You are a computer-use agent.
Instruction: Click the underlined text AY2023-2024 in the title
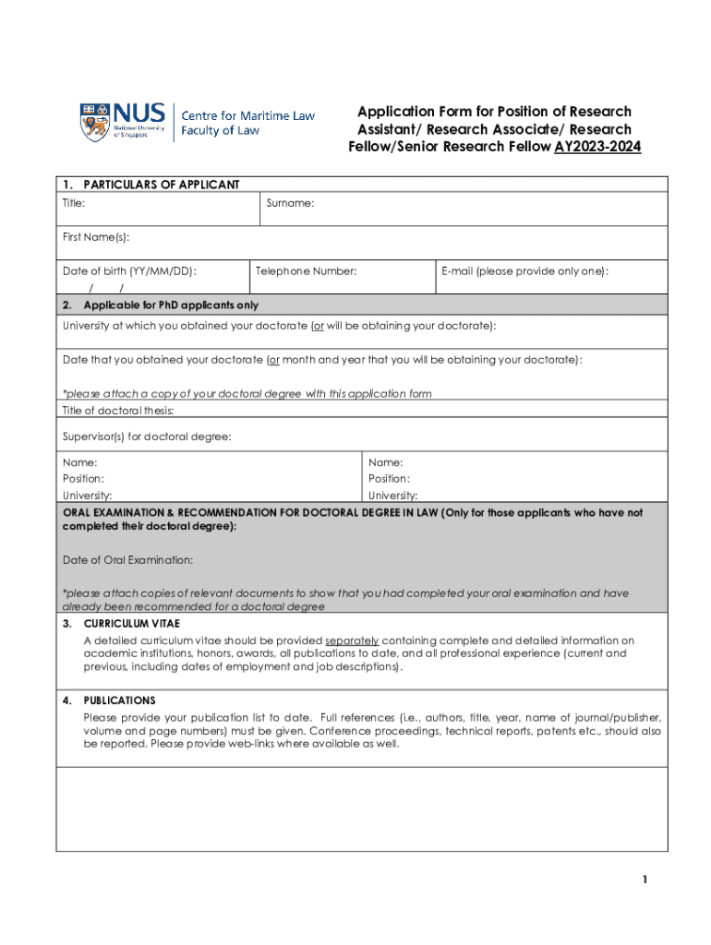pyautogui.click(x=597, y=147)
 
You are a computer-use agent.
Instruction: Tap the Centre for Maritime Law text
pyautogui.click(x=247, y=116)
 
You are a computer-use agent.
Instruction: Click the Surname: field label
pyautogui.click(x=290, y=202)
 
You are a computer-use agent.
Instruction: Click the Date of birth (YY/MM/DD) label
pyautogui.click(x=129, y=271)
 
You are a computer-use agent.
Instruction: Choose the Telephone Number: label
pyautogui.click(x=306, y=271)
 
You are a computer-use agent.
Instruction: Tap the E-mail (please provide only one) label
pyautogui.click(x=524, y=271)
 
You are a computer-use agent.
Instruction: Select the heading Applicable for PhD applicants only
pyautogui.click(x=171, y=305)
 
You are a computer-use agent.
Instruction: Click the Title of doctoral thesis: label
pyautogui.click(x=117, y=411)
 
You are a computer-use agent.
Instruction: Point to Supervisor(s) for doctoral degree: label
pyautogui.click(x=146, y=437)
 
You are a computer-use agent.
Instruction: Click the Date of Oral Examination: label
pyautogui.click(x=127, y=560)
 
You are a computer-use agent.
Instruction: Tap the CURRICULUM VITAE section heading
pyautogui.click(x=132, y=624)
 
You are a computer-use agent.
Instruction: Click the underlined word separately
pyautogui.click(x=352, y=640)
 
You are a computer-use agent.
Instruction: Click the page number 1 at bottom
pyautogui.click(x=646, y=879)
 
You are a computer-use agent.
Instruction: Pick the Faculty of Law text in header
pyautogui.click(x=220, y=131)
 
